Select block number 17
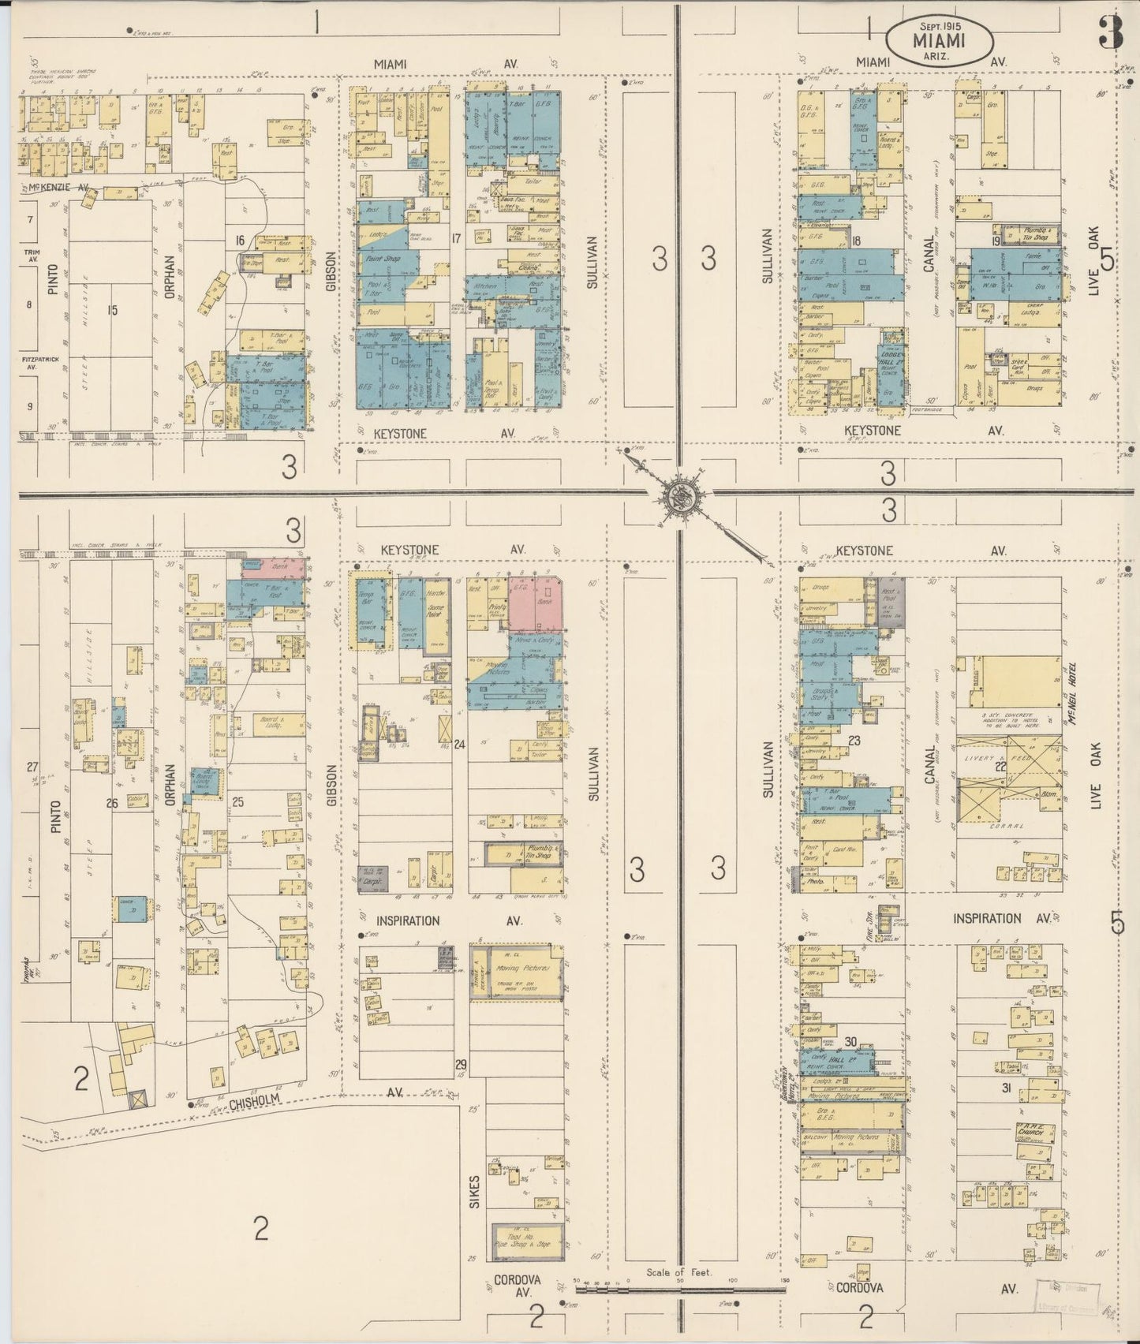455,237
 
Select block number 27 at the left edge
32,767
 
